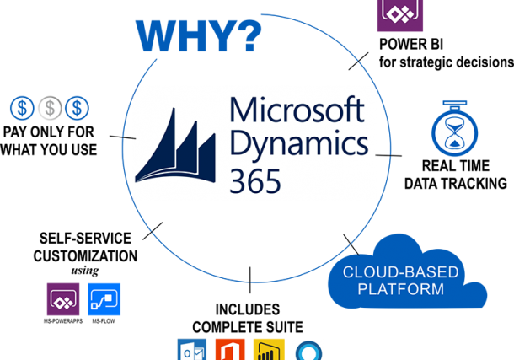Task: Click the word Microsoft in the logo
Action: [x=297, y=112]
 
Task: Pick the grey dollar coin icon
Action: [x=51, y=108]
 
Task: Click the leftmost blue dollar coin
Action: [x=23, y=108]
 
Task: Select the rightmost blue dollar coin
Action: [x=77, y=108]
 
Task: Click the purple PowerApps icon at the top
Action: [x=399, y=14]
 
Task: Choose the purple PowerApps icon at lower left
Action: [x=63, y=299]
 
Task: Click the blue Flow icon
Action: [x=104, y=299]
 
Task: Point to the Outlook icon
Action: [x=191, y=350]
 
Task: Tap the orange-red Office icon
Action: [x=230, y=350]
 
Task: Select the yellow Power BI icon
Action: [x=270, y=350]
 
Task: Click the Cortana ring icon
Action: [x=308, y=350]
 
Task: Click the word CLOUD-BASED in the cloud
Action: [x=400, y=272]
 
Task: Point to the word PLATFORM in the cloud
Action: [x=400, y=289]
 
